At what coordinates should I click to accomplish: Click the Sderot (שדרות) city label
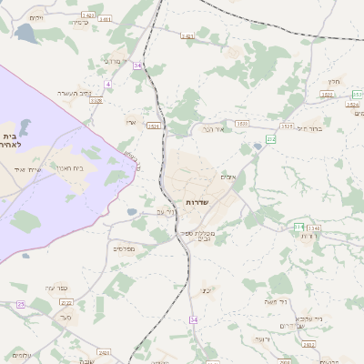click(x=197, y=201)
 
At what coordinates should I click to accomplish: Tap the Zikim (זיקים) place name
click(x=36, y=18)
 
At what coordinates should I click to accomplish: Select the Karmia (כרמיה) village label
click(x=80, y=23)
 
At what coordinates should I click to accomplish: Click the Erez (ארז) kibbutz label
click(x=132, y=120)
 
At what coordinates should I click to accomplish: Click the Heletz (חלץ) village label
click(x=334, y=82)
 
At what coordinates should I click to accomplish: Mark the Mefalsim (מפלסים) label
click(x=123, y=248)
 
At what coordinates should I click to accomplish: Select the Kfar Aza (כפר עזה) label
click(x=68, y=288)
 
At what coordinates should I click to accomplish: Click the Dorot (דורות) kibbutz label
click(x=308, y=236)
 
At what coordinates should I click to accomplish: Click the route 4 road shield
click(x=108, y=84)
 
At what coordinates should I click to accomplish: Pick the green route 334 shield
click(x=298, y=227)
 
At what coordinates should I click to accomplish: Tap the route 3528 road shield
click(x=96, y=101)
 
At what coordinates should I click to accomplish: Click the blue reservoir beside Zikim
click(x=25, y=35)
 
